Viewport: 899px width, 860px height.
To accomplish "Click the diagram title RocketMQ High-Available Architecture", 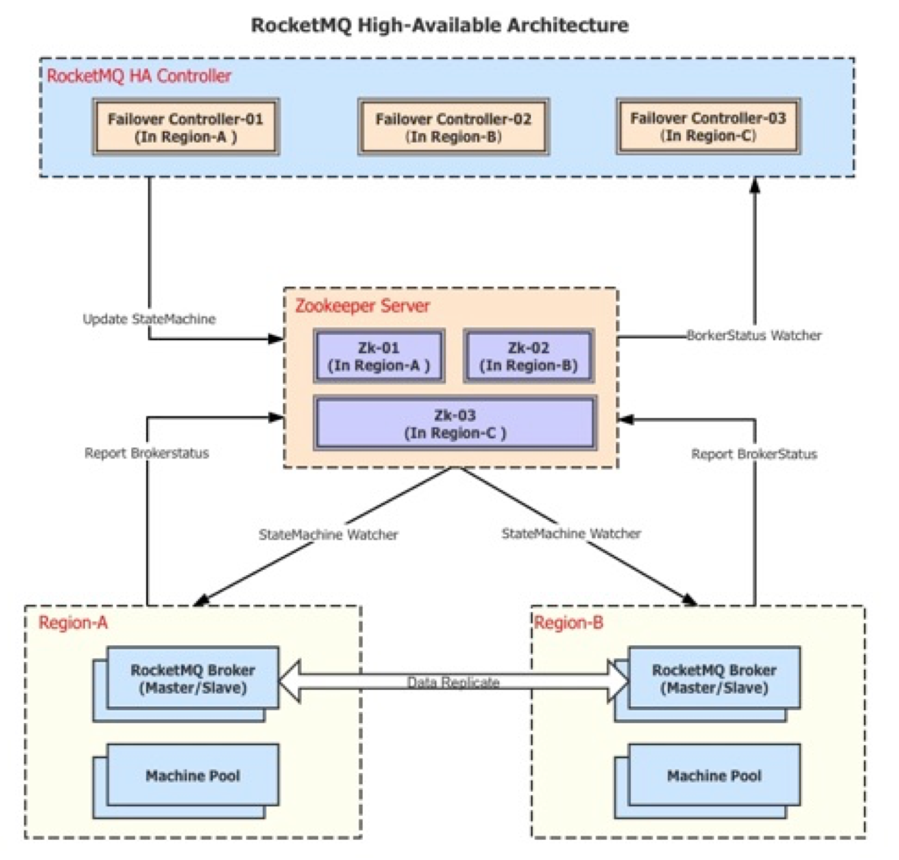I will pos(439,26).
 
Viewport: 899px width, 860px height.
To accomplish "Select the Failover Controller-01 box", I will pos(186,127).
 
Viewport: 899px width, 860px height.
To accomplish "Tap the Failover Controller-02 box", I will pos(453,127).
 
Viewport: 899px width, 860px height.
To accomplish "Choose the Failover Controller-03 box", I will pos(708,127).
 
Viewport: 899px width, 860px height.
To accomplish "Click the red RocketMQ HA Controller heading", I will pos(139,76).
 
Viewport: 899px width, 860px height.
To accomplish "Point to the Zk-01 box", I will pos(379,356).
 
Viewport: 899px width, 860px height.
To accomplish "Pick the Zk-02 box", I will pos(529,356).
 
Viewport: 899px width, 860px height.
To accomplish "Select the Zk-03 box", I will pos(455,423).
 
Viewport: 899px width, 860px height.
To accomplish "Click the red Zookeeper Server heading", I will pos(362,306).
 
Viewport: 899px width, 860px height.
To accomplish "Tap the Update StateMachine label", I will pos(149,319).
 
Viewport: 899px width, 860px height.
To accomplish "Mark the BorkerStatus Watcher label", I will pos(754,335).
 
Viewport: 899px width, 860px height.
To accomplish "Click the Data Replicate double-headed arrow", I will pos(453,682).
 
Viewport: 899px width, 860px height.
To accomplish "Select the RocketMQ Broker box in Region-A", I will pos(193,679).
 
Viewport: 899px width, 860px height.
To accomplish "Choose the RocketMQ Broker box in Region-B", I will pos(714,679).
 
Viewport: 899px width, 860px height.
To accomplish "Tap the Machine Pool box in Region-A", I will pos(193,776).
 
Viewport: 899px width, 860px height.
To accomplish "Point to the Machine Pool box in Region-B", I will pos(714,776).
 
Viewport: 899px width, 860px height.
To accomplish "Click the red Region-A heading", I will pos(73,623).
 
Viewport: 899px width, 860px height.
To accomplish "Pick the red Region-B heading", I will pos(568,623).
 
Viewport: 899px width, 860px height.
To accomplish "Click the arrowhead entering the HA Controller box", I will pos(755,184).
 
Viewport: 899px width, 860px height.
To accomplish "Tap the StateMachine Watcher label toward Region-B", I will pos(571,533).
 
